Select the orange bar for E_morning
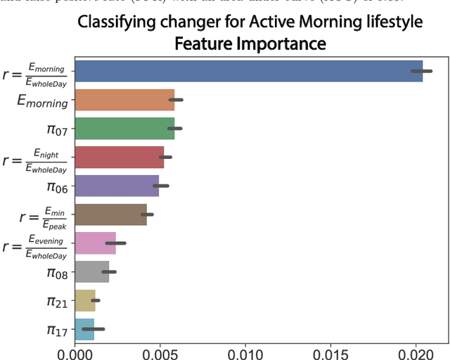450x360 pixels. pyautogui.click(x=124, y=100)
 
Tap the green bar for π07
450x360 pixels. pyautogui.click(x=124, y=129)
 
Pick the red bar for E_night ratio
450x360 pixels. pyautogui.click(x=119, y=157)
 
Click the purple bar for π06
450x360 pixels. pyautogui.click(x=116, y=186)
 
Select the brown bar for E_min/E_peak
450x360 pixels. pyautogui.click(x=110, y=214)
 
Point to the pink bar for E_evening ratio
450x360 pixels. pyautogui.click(x=95, y=243)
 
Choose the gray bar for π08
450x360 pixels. pyautogui.click(x=91, y=271)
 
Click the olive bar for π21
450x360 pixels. pyautogui.click(x=84, y=300)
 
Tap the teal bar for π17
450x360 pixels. pyautogui.click(x=84, y=328)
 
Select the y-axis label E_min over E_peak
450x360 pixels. pyautogui.click(x=35, y=215)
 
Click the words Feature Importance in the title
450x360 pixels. pyautogui.click(x=250, y=44)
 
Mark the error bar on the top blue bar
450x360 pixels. pyautogui.click(x=421, y=71)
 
